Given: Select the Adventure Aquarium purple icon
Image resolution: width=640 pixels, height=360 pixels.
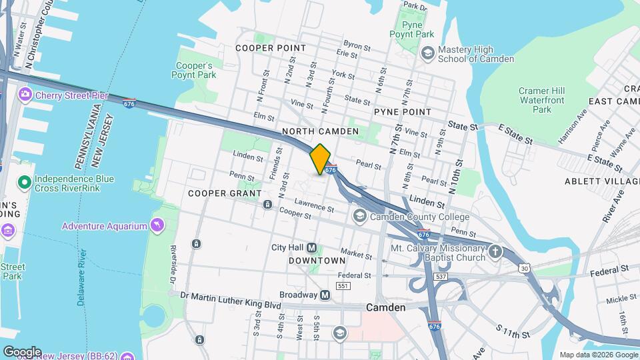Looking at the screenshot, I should pos(157,226).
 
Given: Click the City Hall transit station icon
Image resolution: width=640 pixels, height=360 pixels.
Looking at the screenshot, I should pos(311,247).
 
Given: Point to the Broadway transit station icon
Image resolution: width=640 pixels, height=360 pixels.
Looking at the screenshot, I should pos(325,295).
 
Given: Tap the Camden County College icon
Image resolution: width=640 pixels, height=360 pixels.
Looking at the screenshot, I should pos(360,217).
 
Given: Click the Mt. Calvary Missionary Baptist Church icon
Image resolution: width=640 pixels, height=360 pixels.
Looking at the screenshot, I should pos(495,252).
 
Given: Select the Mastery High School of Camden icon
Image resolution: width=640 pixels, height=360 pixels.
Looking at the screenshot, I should pos(427,53).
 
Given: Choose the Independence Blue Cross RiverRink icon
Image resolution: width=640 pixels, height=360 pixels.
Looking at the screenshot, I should pos(24,182).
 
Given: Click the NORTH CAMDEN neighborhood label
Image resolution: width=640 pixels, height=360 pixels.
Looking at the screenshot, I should pos(321,131).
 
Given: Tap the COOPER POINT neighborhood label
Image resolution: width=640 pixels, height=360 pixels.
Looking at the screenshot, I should pos(271,48).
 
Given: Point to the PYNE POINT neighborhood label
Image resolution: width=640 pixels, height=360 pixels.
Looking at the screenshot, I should pos(402,112).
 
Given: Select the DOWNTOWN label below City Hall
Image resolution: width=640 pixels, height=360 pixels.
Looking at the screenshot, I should pos(317,261).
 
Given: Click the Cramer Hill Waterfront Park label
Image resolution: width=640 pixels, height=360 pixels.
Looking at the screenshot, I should pos(543,100).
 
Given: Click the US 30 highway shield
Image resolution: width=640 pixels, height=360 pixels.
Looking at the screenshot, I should pos(525,268).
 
